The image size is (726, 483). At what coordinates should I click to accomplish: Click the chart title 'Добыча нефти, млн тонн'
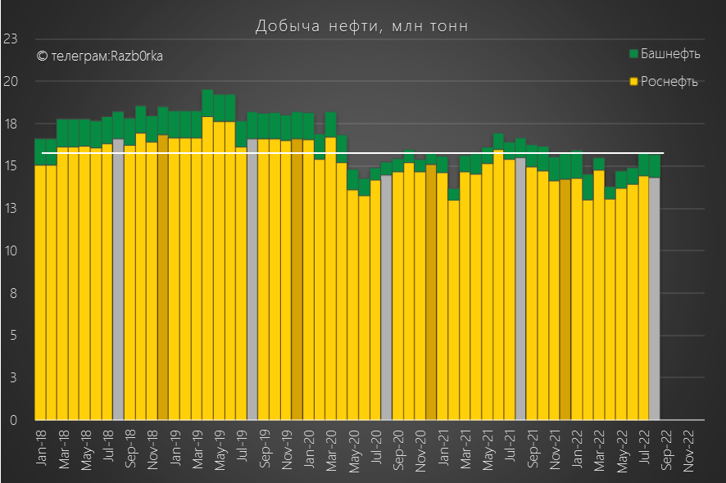362,26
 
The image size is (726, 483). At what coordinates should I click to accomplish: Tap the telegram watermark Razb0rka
99,56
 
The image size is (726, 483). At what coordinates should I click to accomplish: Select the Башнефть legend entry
665,54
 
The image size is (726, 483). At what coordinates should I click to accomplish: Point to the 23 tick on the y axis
11,38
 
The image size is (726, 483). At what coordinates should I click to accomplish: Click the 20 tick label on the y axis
11,81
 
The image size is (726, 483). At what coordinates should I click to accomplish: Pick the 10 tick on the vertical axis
11,251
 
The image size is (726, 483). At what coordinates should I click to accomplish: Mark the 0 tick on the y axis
14,420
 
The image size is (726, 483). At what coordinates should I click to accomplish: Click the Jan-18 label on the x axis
41,447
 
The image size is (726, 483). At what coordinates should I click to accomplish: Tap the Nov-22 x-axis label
689,447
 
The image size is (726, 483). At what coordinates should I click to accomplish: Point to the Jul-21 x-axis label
510,447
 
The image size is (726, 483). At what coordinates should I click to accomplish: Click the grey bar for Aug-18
118,278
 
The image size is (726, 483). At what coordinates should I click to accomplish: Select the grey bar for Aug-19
252,278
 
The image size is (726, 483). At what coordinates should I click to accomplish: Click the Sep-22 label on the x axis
666,447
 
